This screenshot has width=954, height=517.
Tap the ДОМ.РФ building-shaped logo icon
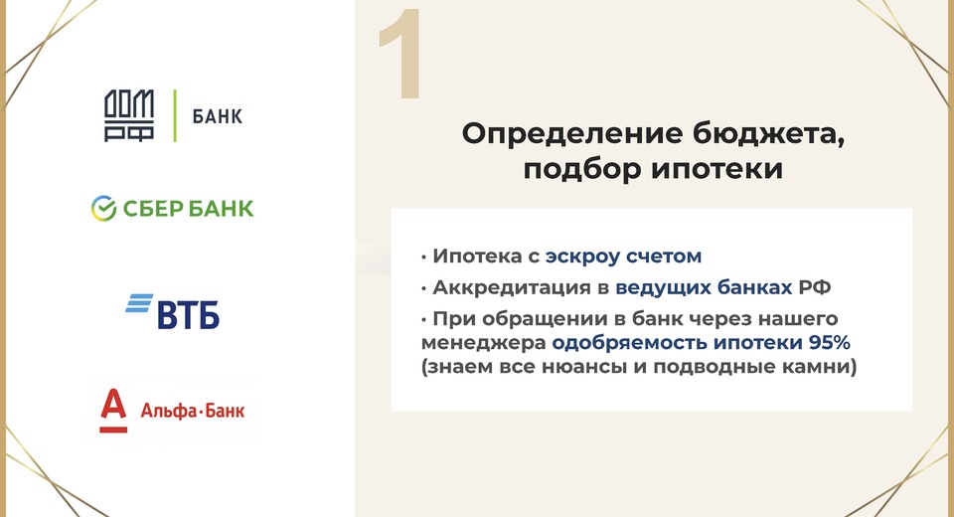[128, 115]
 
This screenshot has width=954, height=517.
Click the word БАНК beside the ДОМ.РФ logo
[218, 116]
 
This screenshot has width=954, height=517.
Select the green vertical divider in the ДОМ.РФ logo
[175, 115]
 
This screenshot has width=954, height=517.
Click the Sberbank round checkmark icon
[103, 208]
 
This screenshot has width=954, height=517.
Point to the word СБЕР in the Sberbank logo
[153, 209]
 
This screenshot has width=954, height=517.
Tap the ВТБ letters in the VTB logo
[189, 314]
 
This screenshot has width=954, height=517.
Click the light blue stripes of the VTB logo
[139, 302]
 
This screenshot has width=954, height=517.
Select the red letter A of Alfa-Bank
[113, 410]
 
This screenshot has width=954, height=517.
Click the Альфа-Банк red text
[192, 411]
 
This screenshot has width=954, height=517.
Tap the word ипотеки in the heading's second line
[716, 169]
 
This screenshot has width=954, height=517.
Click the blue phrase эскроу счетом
[624, 257]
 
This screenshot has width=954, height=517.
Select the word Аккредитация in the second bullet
[512, 287]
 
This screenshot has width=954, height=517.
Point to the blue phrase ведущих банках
[704, 287]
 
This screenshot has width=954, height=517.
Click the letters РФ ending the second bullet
[814, 286]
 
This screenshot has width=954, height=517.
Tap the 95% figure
[829, 342]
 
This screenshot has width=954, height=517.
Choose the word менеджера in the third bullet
[484, 343]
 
